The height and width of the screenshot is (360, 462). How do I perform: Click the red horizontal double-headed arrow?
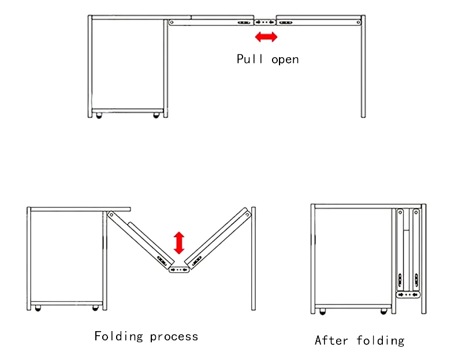pos(266,37)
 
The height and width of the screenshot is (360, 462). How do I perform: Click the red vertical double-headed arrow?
pos(179,243)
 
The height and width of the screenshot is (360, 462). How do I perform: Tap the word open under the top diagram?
pos(285,59)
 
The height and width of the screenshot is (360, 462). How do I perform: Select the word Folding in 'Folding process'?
pos(119,336)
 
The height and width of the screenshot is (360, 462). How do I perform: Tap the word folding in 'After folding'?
pos(381,340)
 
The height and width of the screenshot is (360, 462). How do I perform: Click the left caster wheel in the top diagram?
pos(98,116)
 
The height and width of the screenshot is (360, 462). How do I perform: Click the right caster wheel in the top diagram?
pos(156,116)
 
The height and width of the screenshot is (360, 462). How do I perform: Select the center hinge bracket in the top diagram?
pos(265,22)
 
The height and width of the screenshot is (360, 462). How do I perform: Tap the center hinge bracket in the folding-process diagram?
pos(180,270)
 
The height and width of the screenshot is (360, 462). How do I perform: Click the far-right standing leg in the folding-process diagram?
pos(253,260)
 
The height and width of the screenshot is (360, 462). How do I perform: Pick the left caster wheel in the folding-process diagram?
pos(38,309)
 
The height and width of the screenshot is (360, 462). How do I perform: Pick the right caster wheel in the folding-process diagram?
pos(95,309)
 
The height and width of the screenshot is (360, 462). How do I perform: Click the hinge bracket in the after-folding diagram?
pos(409,295)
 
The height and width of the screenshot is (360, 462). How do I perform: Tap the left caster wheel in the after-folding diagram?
pos(322,312)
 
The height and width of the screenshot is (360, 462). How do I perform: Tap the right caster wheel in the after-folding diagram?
pos(383,312)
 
